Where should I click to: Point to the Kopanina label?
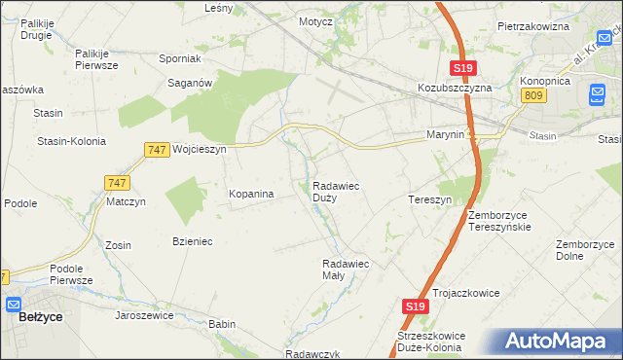pyautogui.click(x=251, y=195)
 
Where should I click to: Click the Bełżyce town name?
pyautogui.click(x=41, y=318)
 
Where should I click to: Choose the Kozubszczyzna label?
pyautogui.click(x=456, y=87)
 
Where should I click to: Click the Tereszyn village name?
pyautogui.click(x=429, y=199)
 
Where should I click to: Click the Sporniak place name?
pyautogui.click(x=179, y=58)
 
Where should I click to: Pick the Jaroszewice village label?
pyautogui.click(x=144, y=315)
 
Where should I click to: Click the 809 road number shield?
pyautogui.click(x=531, y=94)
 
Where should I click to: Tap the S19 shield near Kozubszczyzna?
pyautogui.click(x=462, y=68)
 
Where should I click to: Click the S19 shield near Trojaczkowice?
pyautogui.click(x=415, y=306)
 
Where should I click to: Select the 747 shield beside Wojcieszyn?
pyautogui.click(x=156, y=149)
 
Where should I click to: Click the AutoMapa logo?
pyautogui.click(x=556, y=341)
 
